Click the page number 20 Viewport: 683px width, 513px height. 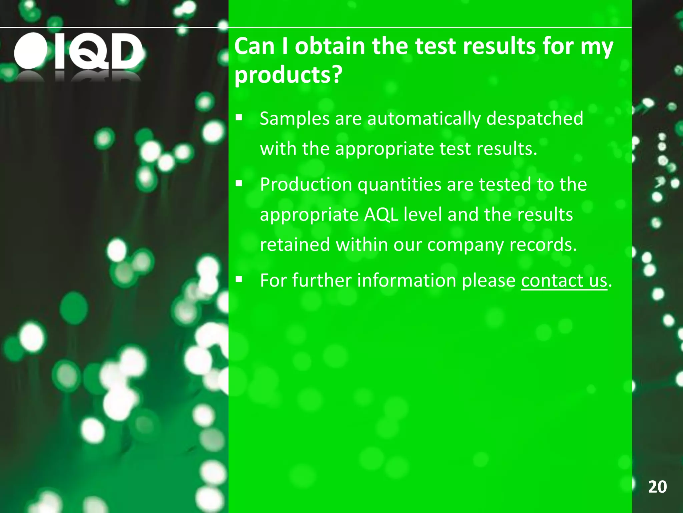pyautogui.click(x=657, y=487)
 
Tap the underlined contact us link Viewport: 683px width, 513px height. pyautogui.click(x=564, y=280)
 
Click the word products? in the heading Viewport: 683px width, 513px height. pyautogui.click(x=288, y=75)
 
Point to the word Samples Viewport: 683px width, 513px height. pyautogui.click(x=294, y=119)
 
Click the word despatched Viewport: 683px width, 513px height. pyautogui.click(x=535, y=119)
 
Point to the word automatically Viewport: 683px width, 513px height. pyautogui.click(x=424, y=119)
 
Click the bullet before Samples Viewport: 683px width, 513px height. pyautogui.click(x=239, y=118)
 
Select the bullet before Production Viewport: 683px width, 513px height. pyautogui.click(x=239, y=183)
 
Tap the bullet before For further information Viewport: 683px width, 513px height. pyautogui.click(x=239, y=279)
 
